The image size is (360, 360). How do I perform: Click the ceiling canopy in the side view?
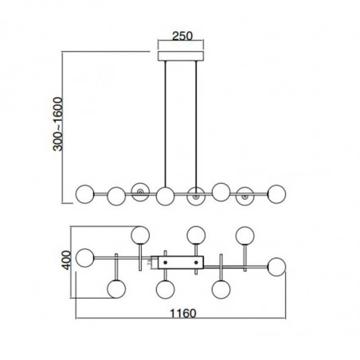pos(180,56)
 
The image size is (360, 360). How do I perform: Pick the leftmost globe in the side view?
pos(84,192)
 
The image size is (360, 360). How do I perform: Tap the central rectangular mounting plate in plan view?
pos(181,260)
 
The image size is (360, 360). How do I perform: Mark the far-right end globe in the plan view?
pos(278,265)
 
